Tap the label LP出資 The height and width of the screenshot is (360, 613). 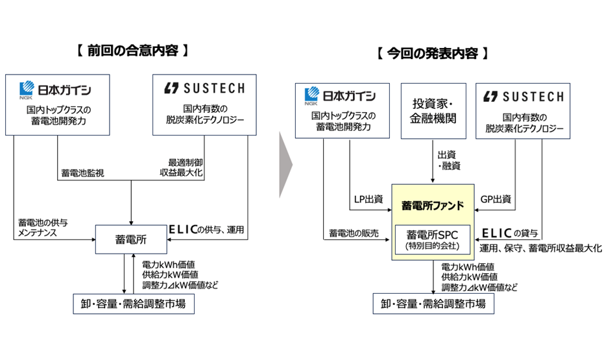[367, 199]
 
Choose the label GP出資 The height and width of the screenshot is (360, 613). [498, 199]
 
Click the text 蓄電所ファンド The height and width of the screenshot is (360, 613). [433, 206]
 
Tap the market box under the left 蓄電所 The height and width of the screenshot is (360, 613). [132, 303]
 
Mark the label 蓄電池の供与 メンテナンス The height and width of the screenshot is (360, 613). [43, 227]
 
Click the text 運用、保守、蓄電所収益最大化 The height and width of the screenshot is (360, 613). [540, 248]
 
